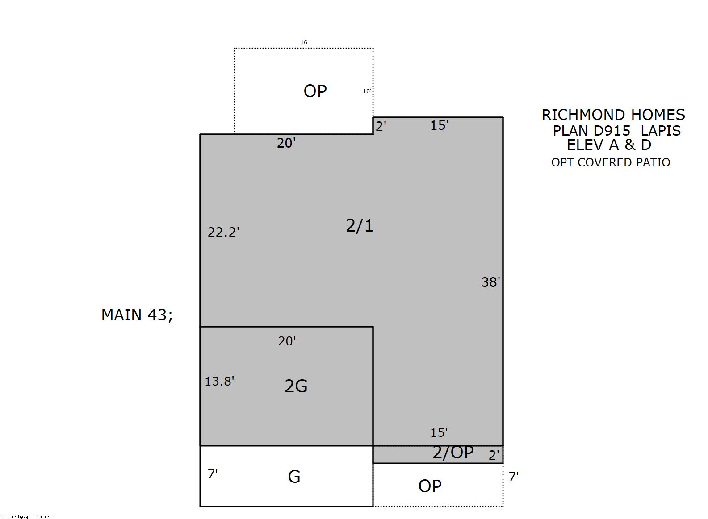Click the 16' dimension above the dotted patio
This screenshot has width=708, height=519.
click(304, 42)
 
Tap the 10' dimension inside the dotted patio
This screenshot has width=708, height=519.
click(367, 91)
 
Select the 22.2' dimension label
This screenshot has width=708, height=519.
click(223, 233)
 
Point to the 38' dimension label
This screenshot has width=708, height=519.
click(491, 282)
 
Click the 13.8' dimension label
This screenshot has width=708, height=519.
click(220, 382)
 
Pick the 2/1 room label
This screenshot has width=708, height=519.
click(360, 226)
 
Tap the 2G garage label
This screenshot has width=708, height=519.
click(296, 386)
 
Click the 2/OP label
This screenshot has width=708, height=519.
click(453, 453)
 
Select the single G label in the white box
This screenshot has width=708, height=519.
click(294, 477)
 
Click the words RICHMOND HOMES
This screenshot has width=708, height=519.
click(613, 115)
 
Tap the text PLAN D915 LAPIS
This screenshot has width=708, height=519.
click(617, 131)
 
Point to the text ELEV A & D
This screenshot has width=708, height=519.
click(609, 145)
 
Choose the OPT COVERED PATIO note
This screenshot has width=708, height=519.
click(611, 162)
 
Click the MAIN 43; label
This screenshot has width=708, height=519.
click(137, 315)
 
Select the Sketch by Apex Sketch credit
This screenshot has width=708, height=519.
click(26, 516)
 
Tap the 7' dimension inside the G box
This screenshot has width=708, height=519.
click(213, 474)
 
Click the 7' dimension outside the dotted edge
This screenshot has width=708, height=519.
click(514, 477)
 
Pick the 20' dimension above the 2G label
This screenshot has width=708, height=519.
click(287, 341)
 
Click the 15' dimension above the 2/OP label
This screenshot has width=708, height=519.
click(439, 432)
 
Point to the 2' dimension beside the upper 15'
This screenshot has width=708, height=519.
click(381, 127)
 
